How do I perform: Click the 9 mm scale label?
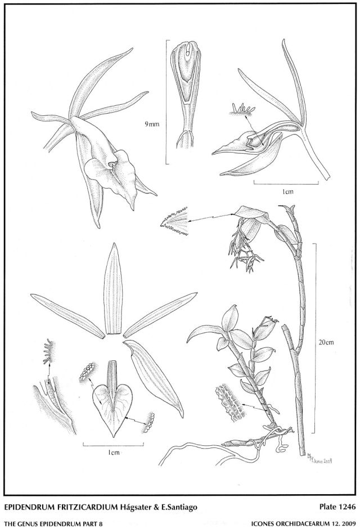152,124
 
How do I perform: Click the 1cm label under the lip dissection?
114,453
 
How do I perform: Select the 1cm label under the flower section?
287,191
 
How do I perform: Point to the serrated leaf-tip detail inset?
174,221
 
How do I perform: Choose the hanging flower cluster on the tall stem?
245,248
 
